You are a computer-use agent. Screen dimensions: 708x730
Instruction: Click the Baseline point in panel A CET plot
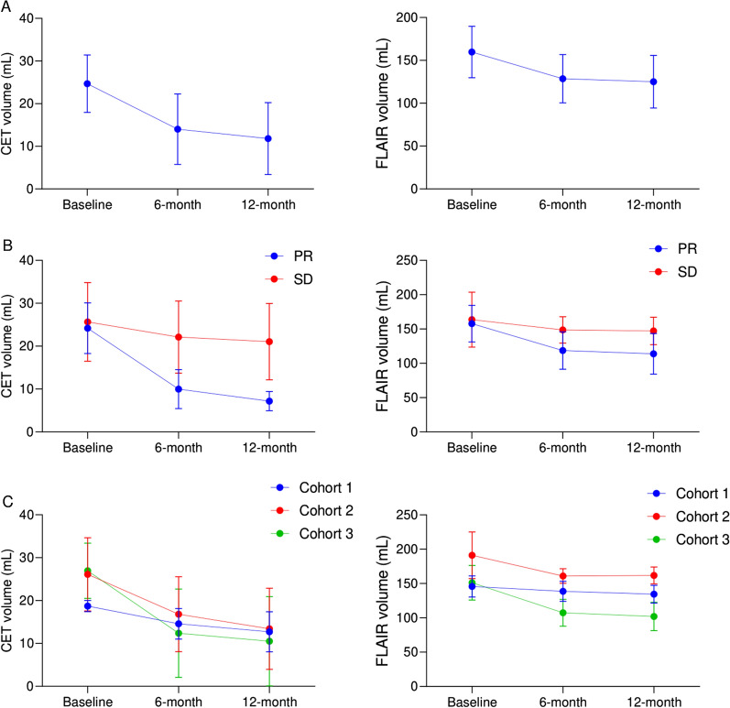pos(87,83)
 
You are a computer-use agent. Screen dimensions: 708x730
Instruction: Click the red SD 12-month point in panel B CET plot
pos(269,342)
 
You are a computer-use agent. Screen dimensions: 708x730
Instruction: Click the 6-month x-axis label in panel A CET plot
pos(178,204)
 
